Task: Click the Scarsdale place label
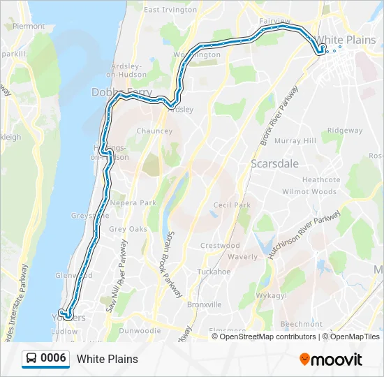pos(274,163)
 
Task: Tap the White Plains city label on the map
pos(346,40)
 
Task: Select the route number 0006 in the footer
pos(54,358)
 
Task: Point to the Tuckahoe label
pos(214,271)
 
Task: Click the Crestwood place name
pos(220,246)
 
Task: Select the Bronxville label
pos(205,304)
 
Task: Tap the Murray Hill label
pos(295,141)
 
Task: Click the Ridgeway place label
pos(345,131)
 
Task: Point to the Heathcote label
pos(321,179)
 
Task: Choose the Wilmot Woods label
pos(309,191)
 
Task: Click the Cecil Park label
pos(232,205)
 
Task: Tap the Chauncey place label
pos(154,131)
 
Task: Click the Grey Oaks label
pos(128,229)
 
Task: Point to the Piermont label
pos(29,26)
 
